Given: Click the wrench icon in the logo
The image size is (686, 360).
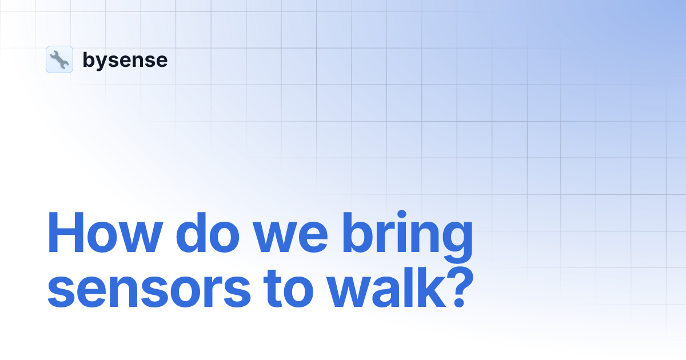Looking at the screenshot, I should [59, 59].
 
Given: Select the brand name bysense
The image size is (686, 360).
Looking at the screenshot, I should [125, 59].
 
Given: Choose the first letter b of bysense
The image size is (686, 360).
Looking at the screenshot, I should [89, 59].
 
